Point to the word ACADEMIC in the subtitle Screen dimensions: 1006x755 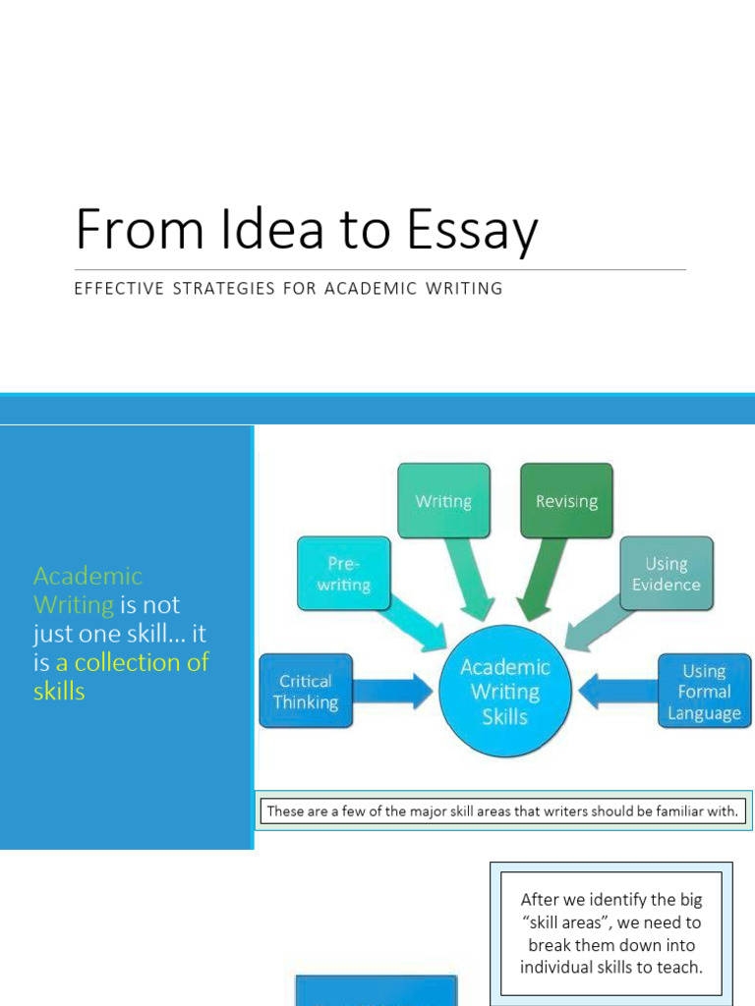pos(368,289)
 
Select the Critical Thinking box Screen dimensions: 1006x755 pos(305,692)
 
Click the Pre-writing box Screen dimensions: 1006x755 pos(343,574)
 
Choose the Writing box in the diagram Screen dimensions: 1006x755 pos(443,501)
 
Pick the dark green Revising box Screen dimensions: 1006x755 pos(566,501)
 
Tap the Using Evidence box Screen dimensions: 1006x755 pos(666,574)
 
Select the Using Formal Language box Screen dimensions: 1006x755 pos(704,692)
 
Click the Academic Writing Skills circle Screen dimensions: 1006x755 pos(504,692)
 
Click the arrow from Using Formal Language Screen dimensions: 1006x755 pos(616,692)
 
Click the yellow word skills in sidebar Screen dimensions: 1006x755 pos(59,692)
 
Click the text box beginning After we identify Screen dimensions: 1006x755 pos(610,933)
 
